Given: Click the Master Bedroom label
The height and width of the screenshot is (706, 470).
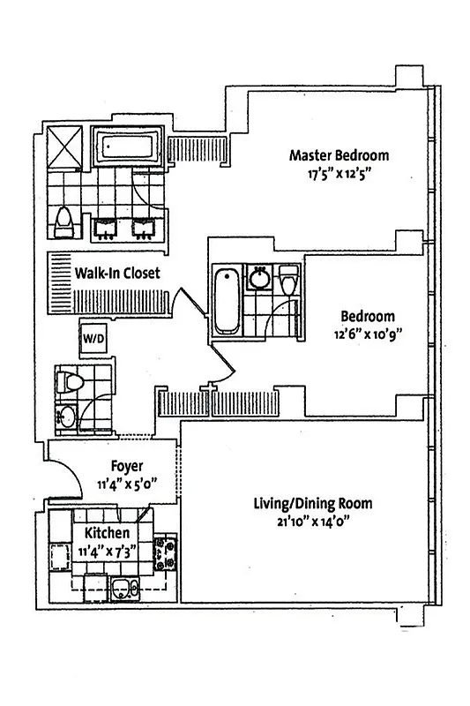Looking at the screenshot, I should pyautogui.click(x=339, y=156).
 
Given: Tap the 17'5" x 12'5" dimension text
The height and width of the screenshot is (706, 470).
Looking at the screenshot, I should pyautogui.click(x=339, y=174).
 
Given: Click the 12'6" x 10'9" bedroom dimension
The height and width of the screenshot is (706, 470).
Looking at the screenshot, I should pyautogui.click(x=369, y=334).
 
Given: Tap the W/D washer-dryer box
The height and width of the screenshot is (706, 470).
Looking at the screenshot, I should pyautogui.click(x=93, y=337).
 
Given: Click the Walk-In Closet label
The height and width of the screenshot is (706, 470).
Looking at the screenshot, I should pyautogui.click(x=117, y=274).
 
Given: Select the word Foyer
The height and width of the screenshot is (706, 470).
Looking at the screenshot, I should pyautogui.click(x=128, y=466).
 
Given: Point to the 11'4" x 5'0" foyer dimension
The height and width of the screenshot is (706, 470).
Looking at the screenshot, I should pyautogui.click(x=128, y=483).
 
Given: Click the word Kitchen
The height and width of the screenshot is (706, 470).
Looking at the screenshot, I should pyautogui.click(x=108, y=534).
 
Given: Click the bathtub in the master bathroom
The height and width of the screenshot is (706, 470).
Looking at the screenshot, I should pyautogui.click(x=129, y=147).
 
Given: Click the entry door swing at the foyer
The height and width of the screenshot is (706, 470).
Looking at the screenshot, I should pyautogui.click(x=63, y=481).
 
